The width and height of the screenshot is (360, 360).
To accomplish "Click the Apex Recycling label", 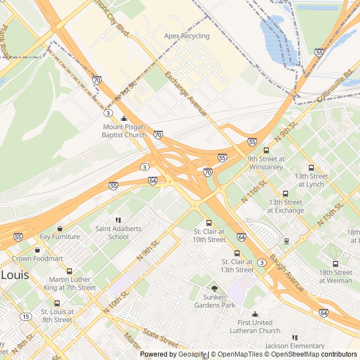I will pyautogui.click(x=187, y=36).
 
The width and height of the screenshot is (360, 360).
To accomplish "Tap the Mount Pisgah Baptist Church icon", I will pyautogui.click(x=124, y=119).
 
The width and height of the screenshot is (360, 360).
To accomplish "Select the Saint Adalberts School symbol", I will pyautogui.click(x=118, y=220).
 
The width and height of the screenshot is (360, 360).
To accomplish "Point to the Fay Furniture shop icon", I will pyautogui.click(x=60, y=228).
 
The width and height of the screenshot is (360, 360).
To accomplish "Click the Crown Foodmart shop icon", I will pyautogui.click(x=38, y=250).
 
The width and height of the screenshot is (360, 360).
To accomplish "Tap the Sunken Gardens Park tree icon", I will pyautogui.click(x=214, y=289).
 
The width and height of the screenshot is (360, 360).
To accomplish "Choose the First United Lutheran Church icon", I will pyautogui.click(x=255, y=314).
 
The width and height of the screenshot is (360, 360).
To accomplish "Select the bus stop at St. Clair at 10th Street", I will pyautogui.click(x=209, y=223).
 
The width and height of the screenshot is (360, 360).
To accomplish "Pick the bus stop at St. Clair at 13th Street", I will pyautogui.click(x=237, y=253).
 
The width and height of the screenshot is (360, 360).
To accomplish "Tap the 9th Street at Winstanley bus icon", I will pyautogui.click(x=266, y=150).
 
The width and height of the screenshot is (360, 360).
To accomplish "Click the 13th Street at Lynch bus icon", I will pyautogui.click(x=311, y=168).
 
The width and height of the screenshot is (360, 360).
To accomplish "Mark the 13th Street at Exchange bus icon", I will pyautogui.click(x=285, y=193).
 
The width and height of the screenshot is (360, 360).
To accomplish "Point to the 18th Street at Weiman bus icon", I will pyautogui.click(x=335, y=264).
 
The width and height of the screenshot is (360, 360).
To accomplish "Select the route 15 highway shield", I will pyautogui.click(x=26, y=317).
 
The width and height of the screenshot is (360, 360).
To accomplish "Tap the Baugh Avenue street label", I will pyautogui.click(x=287, y=274).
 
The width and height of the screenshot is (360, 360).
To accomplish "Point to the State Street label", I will pyautogui.click(x=160, y=338).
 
